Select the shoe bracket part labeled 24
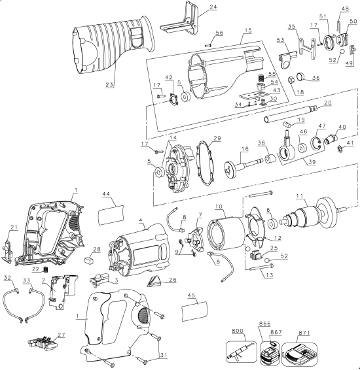click(181, 24)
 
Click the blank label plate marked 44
click(111, 213)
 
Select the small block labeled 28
click(88, 259)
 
